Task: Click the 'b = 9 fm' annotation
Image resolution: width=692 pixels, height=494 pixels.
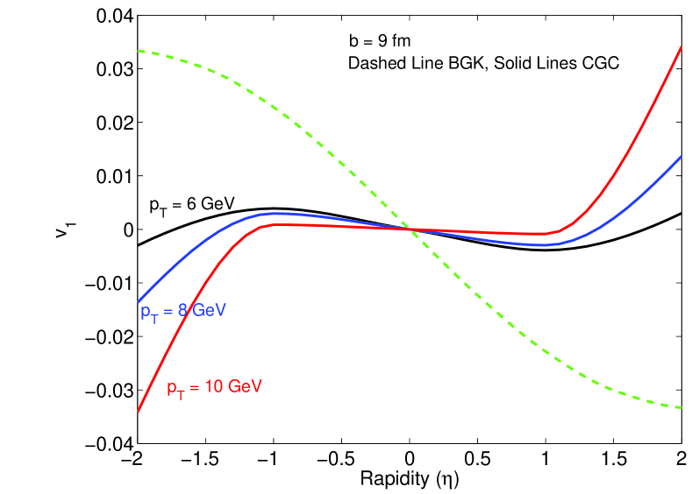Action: [375, 40]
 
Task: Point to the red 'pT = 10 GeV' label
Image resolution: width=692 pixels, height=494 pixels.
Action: [215, 385]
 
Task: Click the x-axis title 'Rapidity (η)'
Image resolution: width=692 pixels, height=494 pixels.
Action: [408, 479]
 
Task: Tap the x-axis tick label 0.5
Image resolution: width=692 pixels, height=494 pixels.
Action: [477, 460]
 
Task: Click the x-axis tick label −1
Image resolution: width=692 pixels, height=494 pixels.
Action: [271, 460]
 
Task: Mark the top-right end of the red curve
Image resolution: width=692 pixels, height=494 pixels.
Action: [681, 46]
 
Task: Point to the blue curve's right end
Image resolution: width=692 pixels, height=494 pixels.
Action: [681, 157]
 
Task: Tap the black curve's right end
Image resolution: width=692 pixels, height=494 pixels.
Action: [681, 213]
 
